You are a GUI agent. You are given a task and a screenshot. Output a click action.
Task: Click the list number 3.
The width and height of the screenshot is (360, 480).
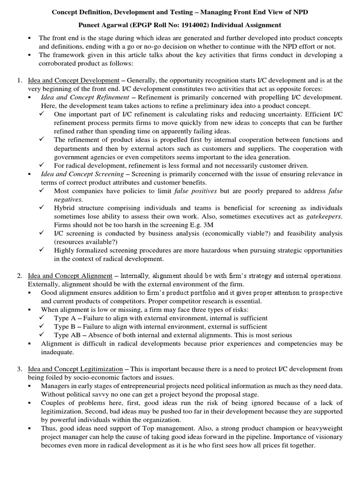coord(19,369)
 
